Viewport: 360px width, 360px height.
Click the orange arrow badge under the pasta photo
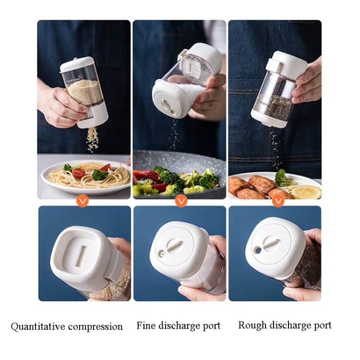82,201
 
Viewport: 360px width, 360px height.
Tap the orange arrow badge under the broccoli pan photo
181,201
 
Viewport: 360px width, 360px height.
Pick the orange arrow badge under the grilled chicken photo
278,201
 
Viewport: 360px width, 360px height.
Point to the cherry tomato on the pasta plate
79,173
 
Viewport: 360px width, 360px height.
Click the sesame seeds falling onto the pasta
93,139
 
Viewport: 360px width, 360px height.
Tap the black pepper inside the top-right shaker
278,106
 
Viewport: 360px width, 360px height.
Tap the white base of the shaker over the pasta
96,116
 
